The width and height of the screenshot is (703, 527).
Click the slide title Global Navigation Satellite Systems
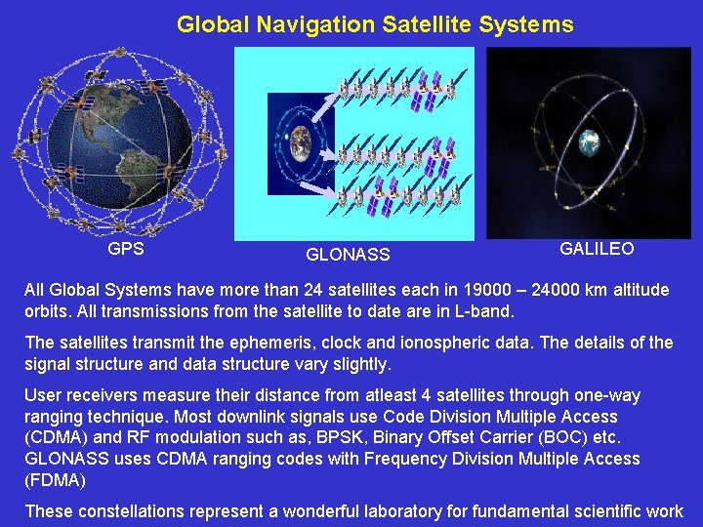[375, 24]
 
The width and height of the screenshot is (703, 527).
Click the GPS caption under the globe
[126, 249]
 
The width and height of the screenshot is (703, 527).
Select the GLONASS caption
[348, 255]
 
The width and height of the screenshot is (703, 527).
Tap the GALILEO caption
[597, 249]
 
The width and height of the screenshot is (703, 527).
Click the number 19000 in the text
[445, 290]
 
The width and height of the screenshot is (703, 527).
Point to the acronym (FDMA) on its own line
[55, 479]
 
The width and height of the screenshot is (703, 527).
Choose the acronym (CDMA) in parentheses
[55, 437]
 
